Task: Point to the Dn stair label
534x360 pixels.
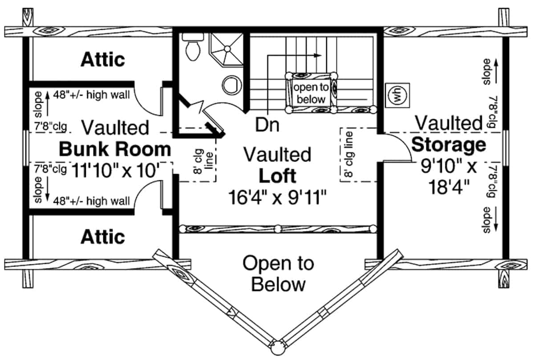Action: (267, 125)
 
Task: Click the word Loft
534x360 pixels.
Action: (277, 176)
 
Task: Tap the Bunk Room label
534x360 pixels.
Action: (114, 150)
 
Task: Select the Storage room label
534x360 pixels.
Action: (448, 145)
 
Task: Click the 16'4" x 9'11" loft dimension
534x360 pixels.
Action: (277, 196)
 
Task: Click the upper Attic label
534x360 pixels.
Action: (102, 59)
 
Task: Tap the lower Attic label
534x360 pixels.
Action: (102, 237)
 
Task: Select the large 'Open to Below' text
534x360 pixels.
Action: (278, 273)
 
